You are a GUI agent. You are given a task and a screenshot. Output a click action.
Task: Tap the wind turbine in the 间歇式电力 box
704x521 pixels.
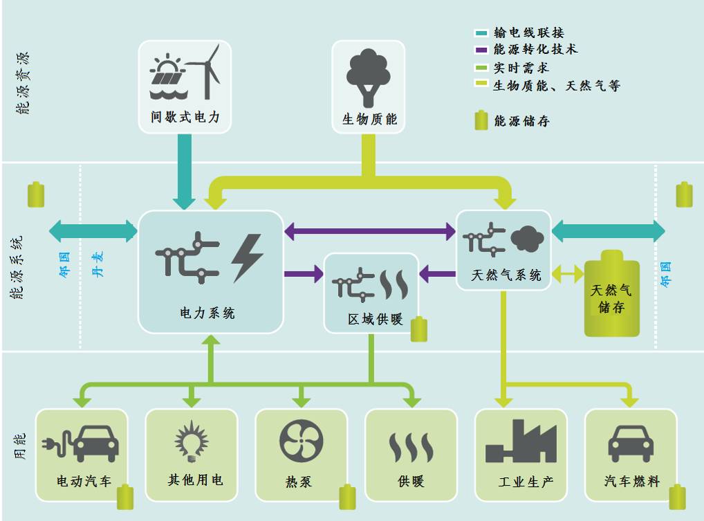[205, 71]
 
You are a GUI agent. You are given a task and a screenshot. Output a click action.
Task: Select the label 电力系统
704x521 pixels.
[207, 313]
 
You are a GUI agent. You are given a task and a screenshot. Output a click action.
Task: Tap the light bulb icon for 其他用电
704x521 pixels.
[191, 441]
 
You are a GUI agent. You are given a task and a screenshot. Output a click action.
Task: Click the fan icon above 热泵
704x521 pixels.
[301, 441]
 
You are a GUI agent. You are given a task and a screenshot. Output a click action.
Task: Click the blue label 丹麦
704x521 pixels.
[98, 262]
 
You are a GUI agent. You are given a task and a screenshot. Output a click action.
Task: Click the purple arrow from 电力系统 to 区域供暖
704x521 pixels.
[304, 274]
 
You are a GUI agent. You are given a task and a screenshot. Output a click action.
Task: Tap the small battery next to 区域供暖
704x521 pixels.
[419, 329]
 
